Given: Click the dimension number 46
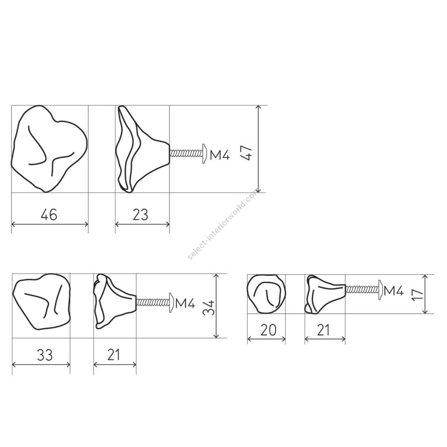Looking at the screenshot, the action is click(x=49, y=215).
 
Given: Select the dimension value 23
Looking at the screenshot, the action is click(x=140, y=215).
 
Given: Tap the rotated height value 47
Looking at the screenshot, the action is click(x=246, y=153).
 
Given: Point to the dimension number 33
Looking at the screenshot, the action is click(x=45, y=355).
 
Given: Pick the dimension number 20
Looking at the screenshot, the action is click(x=268, y=330).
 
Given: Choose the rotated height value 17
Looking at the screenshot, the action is click(x=417, y=294).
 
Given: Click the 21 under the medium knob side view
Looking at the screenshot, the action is click(x=113, y=355).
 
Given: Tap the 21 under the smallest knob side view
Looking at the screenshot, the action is click(x=323, y=330).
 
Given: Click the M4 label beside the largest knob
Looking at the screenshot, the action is click(x=220, y=155).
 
